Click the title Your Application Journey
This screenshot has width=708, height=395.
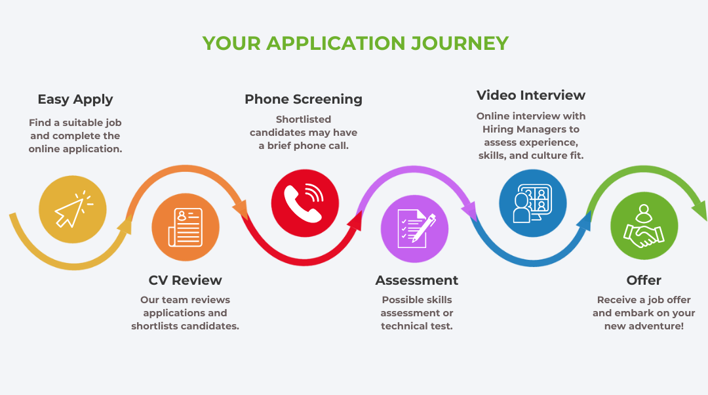tap(355, 43)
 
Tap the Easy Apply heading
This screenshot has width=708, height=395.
tap(75, 100)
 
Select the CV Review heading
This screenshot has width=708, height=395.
tap(185, 281)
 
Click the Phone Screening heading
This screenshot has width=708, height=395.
tap(304, 100)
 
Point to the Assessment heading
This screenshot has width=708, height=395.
tap(417, 281)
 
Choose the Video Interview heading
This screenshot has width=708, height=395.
tap(531, 95)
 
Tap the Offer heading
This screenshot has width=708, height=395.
tap(644, 281)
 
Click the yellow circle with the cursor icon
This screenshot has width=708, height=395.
tap(72, 209)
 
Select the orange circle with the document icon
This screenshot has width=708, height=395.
tap(186, 226)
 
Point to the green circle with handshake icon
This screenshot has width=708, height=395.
tap(644, 226)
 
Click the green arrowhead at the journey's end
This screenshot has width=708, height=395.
tap(699, 211)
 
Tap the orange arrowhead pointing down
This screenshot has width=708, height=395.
tap(241, 209)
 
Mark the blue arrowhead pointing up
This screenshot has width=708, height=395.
tap(585, 220)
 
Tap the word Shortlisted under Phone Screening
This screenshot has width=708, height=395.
tap(304, 119)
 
